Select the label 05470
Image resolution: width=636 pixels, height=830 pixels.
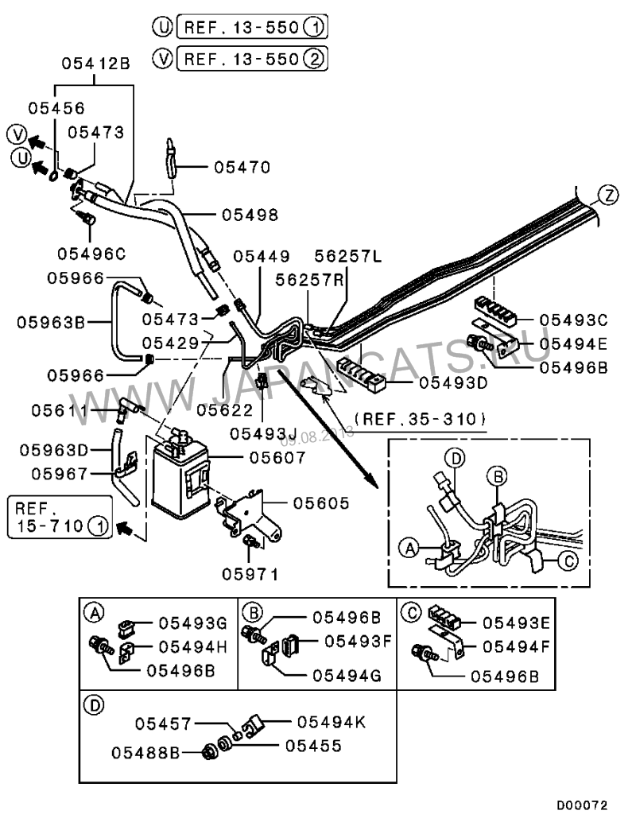[x=242, y=168]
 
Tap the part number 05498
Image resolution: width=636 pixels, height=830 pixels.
[x=250, y=215]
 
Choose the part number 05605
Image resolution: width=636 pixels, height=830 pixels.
[x=322, y=503]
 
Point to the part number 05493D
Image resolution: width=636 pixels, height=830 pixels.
[x=440, y=382]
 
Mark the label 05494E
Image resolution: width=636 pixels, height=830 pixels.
[x=572, y=343]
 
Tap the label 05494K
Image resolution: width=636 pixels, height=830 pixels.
[x=332, y=721]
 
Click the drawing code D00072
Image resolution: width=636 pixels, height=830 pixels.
[x=583, y=805]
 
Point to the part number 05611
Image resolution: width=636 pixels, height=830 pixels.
[x=60, y=410]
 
